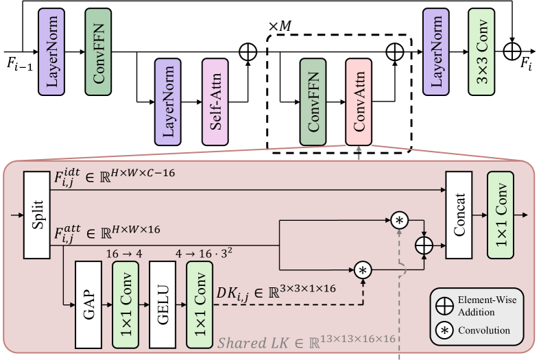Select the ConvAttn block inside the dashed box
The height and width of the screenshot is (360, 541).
359,101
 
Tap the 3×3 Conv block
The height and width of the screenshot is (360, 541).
481,52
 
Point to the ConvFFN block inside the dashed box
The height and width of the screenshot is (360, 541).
312,101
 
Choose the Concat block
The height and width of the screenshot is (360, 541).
459,214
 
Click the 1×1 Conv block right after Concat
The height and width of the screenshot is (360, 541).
501,214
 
